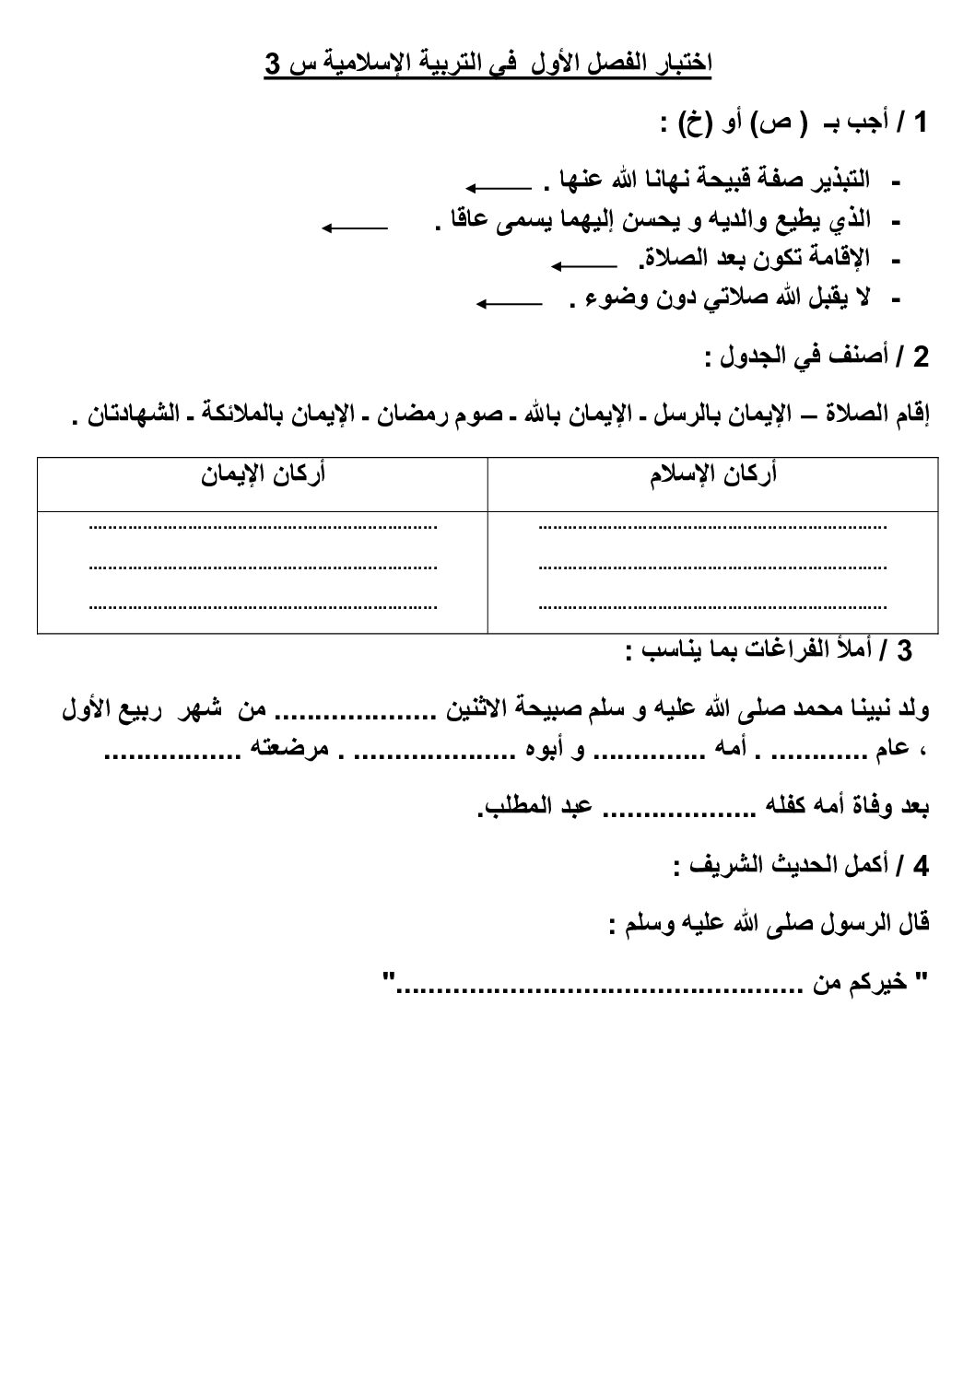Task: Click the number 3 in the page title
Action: click(x=273, y=65)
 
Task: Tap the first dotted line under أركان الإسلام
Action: click(x=711, y=528)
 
